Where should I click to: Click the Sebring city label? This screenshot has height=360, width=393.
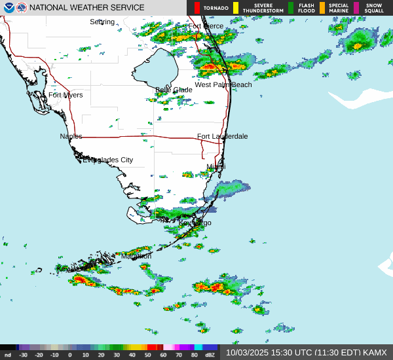tap(102, 22)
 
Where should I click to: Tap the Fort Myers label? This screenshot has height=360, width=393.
tap(65, 95)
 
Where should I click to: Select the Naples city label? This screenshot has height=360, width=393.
tap(71, 136)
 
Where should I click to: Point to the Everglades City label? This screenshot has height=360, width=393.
tap(107, 160)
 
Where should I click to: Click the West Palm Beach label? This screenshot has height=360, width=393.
tap(223, 84)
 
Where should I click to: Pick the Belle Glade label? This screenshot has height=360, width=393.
tap(174, 90)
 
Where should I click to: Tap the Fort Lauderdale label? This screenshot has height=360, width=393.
tap(222, 136)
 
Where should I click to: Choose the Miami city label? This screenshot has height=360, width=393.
tap(215, 167)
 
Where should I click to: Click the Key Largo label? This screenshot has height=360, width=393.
tap(195, 223)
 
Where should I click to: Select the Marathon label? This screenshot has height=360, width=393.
tap(136, 256)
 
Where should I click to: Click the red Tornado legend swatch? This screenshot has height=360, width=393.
tap(197, 8)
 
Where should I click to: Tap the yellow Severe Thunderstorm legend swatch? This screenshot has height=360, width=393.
tap(235, 8)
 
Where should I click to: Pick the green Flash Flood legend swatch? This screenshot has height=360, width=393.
tap(291, 8)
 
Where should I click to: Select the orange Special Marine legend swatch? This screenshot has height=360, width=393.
tap(322, 8)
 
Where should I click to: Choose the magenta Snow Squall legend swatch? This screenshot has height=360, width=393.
tap(356, 8)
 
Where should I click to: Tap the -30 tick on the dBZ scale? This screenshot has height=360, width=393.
tap(23, 355)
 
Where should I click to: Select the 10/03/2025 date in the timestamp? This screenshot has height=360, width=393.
tap(246, 352)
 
